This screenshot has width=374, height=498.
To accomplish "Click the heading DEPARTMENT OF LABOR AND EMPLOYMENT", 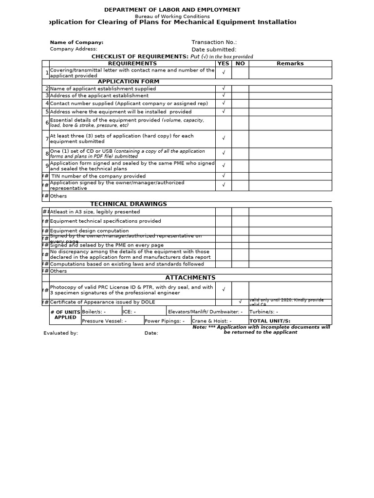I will click(x=172, y=10).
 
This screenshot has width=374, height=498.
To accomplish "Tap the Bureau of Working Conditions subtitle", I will click(x=172, y=17).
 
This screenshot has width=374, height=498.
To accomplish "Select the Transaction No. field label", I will click(x=214, y=42).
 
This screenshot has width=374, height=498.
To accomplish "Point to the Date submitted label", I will click(x=214, y=50).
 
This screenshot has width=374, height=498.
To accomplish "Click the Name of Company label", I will click(x=76, y=42).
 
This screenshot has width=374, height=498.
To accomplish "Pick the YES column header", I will click(x=223, y=64).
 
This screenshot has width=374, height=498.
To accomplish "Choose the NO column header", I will click(x=240, y=64).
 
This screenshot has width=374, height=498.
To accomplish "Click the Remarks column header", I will click(x=290, y=64).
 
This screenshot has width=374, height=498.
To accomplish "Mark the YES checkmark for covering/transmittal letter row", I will click(x=224, y=72).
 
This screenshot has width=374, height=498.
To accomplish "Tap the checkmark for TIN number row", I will click(x=224, y=176).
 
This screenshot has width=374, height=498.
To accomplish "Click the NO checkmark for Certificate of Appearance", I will click(x=240, y=302).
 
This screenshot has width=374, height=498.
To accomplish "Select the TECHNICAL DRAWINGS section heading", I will click(x=129, y=204).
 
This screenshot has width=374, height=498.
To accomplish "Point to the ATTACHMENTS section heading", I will click(x=190, y=278).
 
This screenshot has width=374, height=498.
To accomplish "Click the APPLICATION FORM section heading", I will click(x=129, y=82).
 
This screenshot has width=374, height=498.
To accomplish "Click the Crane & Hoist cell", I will click(x=211, y=321).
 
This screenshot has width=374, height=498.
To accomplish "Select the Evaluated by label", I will click(x=61, y=333).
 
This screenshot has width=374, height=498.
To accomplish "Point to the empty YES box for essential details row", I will click(x=224, y=123).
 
